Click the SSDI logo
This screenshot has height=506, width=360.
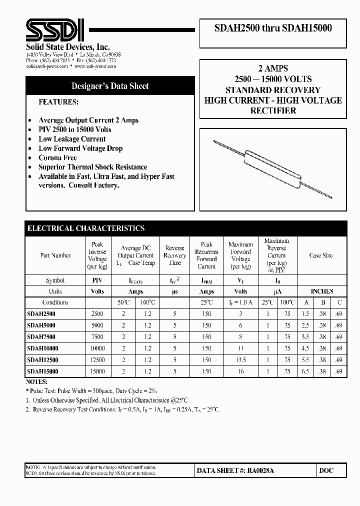coord(55,30)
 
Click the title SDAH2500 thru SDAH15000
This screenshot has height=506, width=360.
coord(273,28)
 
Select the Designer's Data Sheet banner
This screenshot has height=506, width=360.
coord(110,86)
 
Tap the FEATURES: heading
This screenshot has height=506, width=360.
coord(58,101)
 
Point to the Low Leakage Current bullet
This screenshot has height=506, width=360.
coord(72,139)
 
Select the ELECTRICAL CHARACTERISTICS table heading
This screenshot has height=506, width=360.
coord(86,228)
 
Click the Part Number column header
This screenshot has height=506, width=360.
coord(55,255)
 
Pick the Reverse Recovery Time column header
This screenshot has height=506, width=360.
coord(174,255)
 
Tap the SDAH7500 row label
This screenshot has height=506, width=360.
coord(41,337)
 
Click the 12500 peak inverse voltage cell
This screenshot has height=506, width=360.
coord(97,360)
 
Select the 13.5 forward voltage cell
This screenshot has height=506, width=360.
coord(241,360)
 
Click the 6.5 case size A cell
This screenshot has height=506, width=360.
coord(305,371)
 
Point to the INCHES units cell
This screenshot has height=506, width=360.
coord(321,291)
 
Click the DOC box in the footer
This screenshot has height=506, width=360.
coord(325,471)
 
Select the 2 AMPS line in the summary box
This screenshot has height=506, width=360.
coord(273,68)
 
